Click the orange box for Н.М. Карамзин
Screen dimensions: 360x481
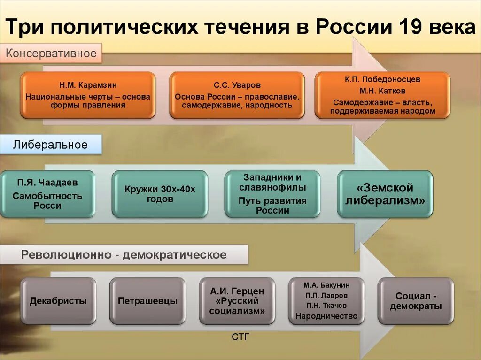click(88, 95)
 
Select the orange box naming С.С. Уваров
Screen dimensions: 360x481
click(237, 95)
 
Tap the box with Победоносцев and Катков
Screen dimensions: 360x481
click(382, 95)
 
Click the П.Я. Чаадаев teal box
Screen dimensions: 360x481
click(47, 194)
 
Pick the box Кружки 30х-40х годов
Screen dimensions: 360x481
click(160, 194)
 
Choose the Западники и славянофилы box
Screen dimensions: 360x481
click(272, 194)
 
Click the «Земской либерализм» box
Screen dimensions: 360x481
click(385, 194)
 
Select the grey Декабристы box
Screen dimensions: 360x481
click(58, 301)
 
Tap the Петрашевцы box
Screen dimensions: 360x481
click(147, 301)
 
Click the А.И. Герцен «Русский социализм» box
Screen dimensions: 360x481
click(237, 301)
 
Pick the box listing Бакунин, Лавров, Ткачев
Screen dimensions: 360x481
click(326, 301)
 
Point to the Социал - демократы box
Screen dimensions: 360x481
click(416, 301)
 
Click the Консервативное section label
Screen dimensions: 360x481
click(51, 53)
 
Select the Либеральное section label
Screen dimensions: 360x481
click(50, 145)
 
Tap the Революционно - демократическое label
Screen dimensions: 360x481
click(124, 255)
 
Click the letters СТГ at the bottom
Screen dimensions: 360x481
click(240, 337)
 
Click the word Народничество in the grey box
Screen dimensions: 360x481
click(326, 316)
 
